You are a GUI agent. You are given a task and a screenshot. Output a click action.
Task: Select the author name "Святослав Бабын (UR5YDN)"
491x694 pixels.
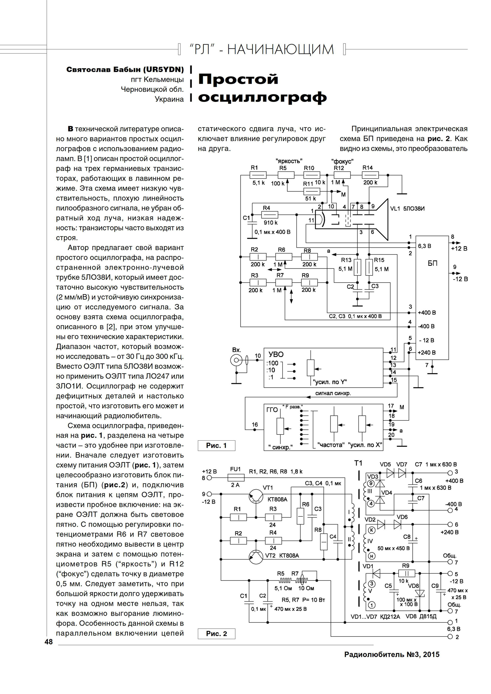[x=125, y=70]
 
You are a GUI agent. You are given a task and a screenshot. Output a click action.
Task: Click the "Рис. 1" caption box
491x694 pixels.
[x=216, y=445]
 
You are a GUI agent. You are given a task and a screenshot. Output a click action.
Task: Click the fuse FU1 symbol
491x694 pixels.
[x=236, y=478]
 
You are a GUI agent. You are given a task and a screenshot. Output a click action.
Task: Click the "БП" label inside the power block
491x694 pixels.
[x=432, y=263]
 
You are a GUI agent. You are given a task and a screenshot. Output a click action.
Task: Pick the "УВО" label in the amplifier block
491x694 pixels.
[x=276, y=354]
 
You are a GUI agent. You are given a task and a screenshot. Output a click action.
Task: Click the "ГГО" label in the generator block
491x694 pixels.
[x=272, y=410]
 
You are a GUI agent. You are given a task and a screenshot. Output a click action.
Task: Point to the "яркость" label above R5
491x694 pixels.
[x=289, y=161]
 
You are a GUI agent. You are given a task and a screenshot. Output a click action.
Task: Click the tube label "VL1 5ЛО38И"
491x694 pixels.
[x=407, y=209]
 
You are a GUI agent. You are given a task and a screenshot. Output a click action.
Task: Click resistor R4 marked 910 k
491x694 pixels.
[x=270, y=215]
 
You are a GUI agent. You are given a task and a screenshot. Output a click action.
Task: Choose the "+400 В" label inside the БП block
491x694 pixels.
[x=427, y=313]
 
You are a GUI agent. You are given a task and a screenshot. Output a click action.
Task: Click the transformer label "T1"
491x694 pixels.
[x=358, y=463]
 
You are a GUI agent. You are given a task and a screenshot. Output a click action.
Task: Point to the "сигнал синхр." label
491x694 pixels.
[x=333, y=393]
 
